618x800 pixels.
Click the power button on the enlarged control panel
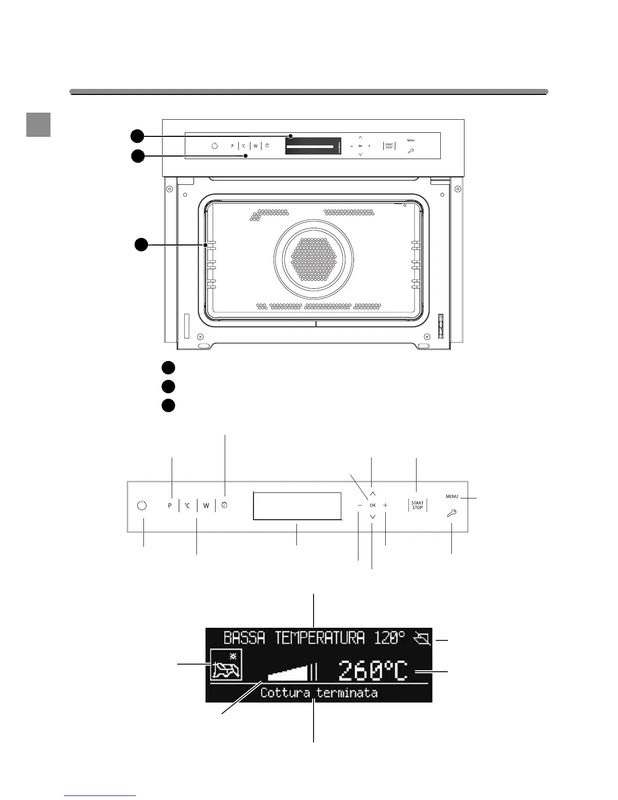tap(142, 505)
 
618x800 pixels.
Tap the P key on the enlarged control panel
tap(170, 506)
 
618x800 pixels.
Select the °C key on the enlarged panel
tap(187, 506)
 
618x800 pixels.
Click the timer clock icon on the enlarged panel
tap(225, 505)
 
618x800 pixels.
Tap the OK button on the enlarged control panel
tap(373, 505)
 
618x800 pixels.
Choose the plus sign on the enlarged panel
tap(386, 505)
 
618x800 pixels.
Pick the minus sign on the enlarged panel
tap(359, 505)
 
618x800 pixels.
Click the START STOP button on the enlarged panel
tap(418, 505)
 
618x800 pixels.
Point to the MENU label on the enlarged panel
tap(452, 496)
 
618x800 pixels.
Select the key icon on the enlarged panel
tap(451, 514)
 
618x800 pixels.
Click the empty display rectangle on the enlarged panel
tap(297, 506)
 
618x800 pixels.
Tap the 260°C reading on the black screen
tap(373, 671)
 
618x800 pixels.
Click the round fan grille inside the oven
tap(314, 259)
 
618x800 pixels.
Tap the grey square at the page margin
tap(38, 125)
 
